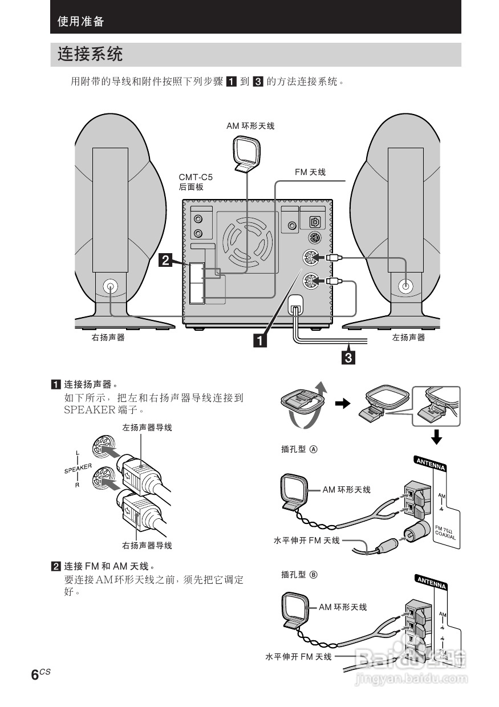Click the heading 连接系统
[90, 55]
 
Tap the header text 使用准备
[81, 22]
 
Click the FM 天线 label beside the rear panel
[310, 172]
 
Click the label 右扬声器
[108, 338]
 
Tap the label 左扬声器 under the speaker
[408, 338]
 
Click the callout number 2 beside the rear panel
[165, 261]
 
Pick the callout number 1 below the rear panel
[259, 340]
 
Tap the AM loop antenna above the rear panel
[246, 155]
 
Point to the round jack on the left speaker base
[405, 286]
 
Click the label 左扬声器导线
[147, 427]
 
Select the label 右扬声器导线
[147, 546]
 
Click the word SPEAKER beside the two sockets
[78, 469]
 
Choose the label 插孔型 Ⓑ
[299, 575]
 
